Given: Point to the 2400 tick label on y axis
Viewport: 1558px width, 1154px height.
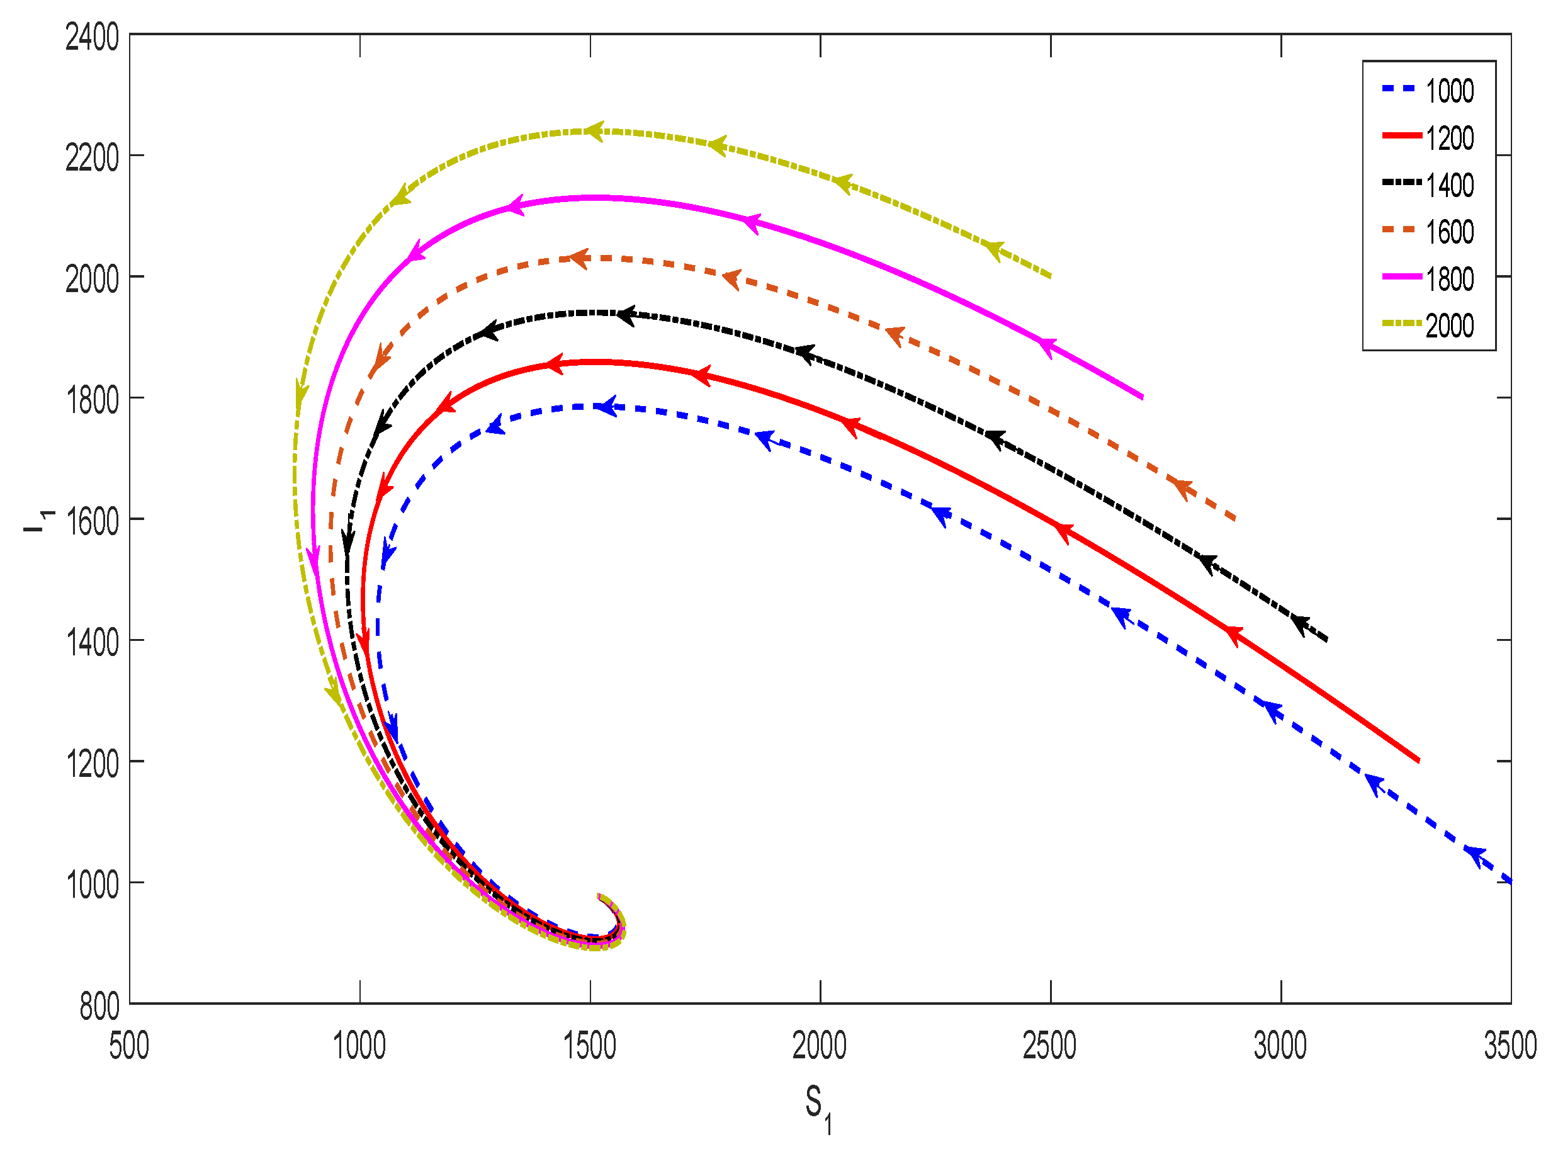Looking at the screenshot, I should point(92,38).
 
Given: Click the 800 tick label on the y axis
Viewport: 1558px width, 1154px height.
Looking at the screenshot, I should point(99,1007).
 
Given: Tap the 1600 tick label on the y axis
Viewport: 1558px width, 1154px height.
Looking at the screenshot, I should point(92,523).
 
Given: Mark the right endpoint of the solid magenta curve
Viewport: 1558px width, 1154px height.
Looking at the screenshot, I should point(1143,398).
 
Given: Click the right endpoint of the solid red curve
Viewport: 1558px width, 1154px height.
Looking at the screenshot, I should point(1419,761).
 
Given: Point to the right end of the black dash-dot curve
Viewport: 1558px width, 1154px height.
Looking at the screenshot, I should point(1327,640).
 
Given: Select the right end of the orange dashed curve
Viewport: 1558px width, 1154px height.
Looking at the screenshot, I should point(1234,519).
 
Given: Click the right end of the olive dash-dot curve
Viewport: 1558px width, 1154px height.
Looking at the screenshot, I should point(1050,276).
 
